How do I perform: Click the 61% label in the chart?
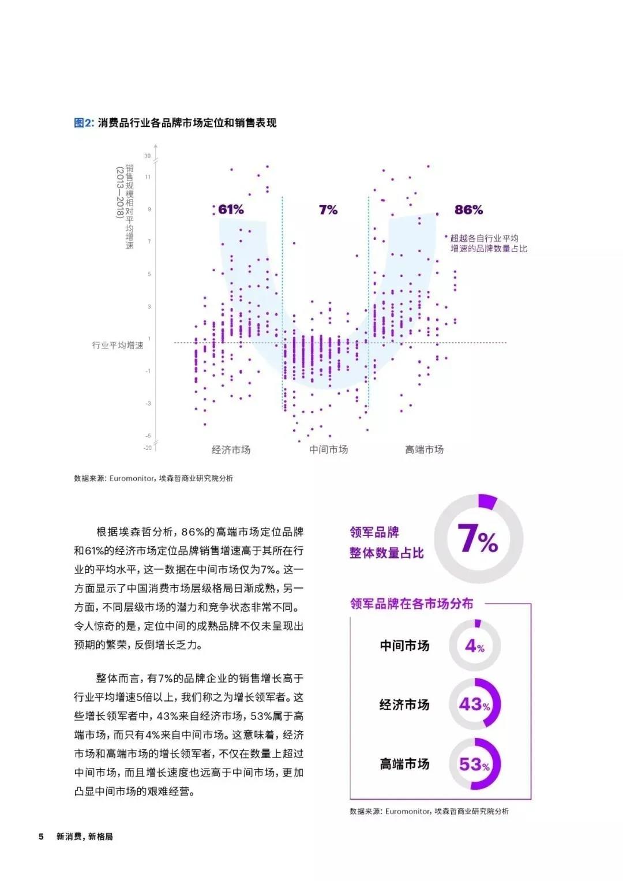(x=231, y=210)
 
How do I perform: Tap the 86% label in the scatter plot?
(x=468, y=210)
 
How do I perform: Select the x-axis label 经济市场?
(x=231, y=450)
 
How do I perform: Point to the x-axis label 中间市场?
(x=328, y=450)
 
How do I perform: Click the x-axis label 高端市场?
(x=424, y=450)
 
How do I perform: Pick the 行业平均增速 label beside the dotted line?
(x=118, y=345)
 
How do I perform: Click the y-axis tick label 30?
(x=148, y=156)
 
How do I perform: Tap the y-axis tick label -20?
(x=148, y=448)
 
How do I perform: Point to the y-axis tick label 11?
(x=148, y=177)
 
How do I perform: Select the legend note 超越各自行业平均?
(x=485, y=238)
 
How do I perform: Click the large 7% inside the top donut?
(x=478, y=540)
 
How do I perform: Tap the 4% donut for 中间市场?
(x=474, y=646)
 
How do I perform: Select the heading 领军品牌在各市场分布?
(x=411, y=604)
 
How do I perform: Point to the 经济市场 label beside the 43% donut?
(x=404, y=704)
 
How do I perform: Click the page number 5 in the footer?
(x=41, y=837)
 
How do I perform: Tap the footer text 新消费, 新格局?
(x=85, y=837)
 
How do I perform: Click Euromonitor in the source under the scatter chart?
(x=132, y=478)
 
